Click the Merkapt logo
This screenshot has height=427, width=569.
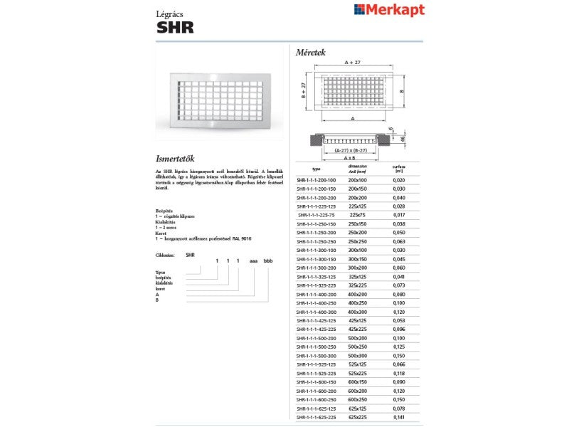[389, 9]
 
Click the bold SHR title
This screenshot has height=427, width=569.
[174, 28]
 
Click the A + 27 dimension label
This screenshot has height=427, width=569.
[353, 63]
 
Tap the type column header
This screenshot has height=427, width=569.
[317, 169]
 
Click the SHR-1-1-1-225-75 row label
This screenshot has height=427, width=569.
[317, 213]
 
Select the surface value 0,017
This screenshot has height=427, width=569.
[399, 213]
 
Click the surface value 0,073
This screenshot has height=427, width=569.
[399, 285]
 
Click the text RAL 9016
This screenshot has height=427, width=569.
[242, 238]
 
